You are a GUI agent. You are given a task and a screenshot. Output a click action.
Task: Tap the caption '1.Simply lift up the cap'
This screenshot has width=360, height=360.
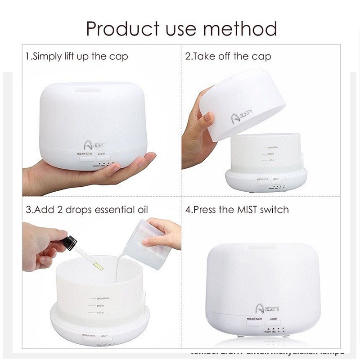76,57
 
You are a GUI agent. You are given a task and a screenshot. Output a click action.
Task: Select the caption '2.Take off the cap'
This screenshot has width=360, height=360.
228,57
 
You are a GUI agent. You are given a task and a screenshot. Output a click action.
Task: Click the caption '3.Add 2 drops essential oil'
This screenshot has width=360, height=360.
87,210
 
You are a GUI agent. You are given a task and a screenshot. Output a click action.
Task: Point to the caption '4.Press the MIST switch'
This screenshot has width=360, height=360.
237,210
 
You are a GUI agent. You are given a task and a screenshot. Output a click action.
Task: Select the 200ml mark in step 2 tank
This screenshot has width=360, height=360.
267,154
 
